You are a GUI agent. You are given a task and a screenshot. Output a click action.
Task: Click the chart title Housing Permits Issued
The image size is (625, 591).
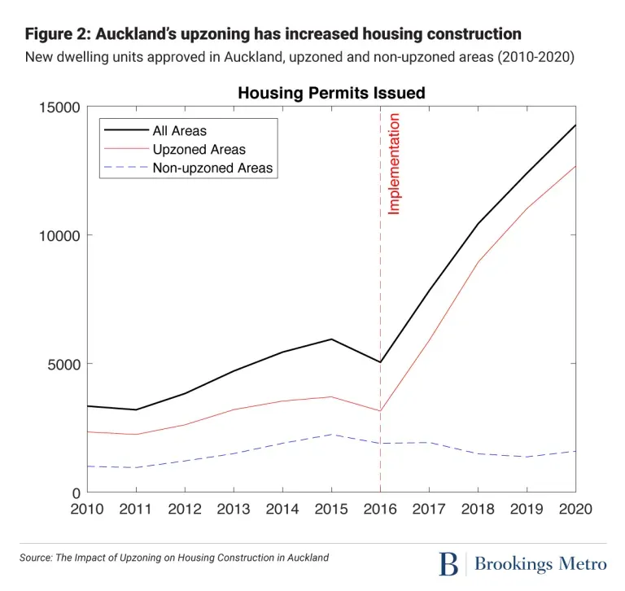(331, 94)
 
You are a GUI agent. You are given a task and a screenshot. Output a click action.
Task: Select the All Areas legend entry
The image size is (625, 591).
(179, 130)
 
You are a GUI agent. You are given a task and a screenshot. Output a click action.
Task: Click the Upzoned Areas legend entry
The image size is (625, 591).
(199, 150)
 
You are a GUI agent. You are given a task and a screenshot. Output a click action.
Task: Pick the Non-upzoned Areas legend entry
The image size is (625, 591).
(212, 169)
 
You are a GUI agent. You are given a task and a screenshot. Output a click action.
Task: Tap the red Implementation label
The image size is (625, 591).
(394, 164)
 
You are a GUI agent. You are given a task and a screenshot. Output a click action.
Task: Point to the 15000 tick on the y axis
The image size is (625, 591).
(59, 107)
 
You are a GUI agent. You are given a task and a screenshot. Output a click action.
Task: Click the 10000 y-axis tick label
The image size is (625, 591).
(59, 235)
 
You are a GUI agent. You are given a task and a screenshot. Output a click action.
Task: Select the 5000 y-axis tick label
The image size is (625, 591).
(63, 364)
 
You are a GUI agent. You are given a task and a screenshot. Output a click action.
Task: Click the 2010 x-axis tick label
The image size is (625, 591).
(87, 509)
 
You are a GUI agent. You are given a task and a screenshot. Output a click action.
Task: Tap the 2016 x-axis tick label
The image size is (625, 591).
(380, 509)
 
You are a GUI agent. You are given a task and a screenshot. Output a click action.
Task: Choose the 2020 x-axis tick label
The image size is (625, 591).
(575, 509)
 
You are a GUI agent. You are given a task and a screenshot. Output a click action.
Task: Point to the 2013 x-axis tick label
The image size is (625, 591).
(234, 509)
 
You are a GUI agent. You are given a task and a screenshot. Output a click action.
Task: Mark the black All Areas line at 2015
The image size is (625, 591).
(331, 339)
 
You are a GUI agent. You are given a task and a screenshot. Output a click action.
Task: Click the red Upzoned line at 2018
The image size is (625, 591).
(478, 263)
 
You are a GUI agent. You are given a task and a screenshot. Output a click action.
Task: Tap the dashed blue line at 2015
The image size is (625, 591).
(331, 434)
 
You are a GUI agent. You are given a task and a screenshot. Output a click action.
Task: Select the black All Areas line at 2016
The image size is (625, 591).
(380, 362)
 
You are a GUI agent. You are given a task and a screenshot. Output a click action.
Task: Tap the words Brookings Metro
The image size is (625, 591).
(540, 563)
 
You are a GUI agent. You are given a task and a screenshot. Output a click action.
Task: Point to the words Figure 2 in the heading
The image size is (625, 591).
(56, 34)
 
